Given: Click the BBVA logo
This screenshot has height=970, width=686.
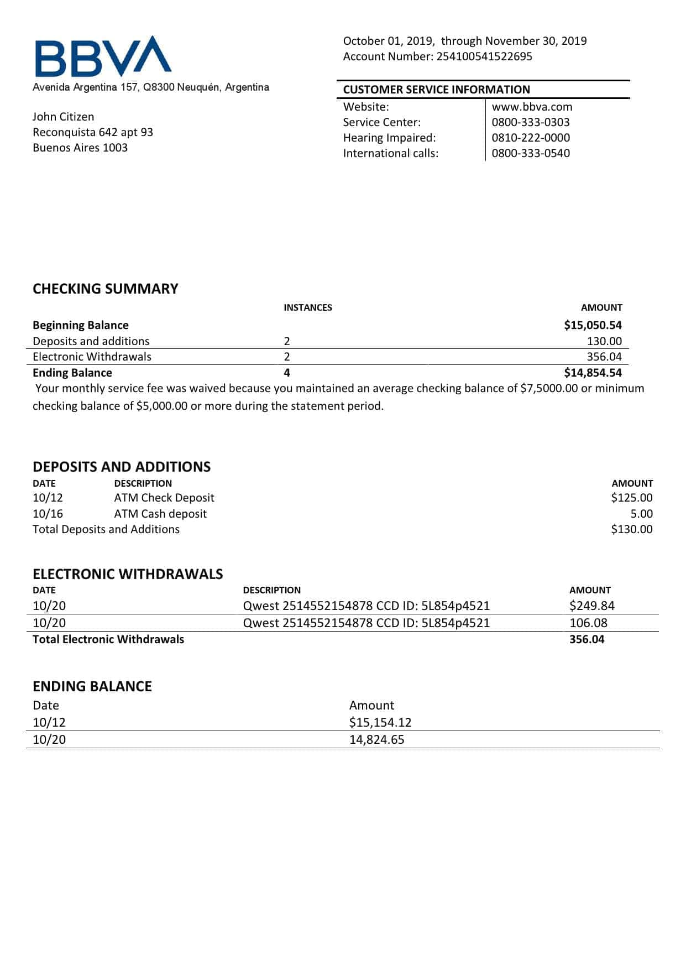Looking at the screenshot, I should [103, 56].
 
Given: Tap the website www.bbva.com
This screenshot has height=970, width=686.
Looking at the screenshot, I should [532, 107].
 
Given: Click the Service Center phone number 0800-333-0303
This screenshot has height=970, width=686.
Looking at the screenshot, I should [530, 122].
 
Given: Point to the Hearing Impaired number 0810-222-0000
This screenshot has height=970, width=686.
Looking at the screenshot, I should [530, 138].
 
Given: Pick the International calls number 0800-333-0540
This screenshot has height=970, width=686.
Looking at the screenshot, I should [530, 153].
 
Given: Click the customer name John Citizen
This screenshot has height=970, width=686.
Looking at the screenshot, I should [63, 117].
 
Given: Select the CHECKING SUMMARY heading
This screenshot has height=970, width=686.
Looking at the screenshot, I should [105, 289].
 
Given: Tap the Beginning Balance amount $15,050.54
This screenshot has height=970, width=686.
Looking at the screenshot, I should [593, 325].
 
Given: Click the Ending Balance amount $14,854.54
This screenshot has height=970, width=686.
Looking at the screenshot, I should [593, 373].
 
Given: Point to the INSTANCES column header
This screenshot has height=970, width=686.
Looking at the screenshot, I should [307, 307].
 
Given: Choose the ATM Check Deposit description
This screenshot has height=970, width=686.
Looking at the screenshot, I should [164, 498].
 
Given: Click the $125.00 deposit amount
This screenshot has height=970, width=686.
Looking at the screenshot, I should [631, 498].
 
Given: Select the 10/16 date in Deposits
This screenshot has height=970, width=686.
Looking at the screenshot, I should [48, 514].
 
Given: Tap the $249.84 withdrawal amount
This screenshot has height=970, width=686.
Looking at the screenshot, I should [591, 606].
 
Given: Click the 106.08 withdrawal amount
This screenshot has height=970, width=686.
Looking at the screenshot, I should [588, 623].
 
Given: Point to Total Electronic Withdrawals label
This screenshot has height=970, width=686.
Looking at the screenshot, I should [108, 639].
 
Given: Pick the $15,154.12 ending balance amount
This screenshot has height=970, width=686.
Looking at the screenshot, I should [380, 722].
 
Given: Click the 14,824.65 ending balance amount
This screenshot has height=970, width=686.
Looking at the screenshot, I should [376, 739].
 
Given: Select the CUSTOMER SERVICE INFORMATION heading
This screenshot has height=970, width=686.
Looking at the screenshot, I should [436, 90].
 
